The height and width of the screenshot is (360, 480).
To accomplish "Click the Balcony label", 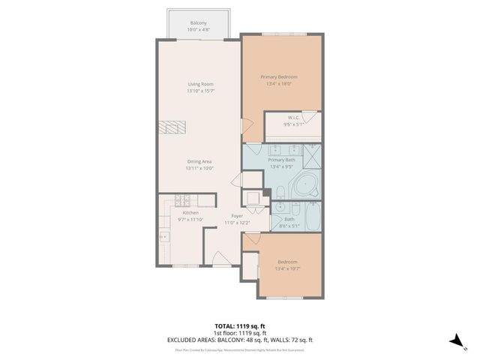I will (199, 22).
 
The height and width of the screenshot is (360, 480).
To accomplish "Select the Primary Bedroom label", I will (279, 77).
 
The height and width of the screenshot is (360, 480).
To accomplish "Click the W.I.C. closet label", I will (294, 117).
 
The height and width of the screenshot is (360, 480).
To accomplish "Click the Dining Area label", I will (199, 162).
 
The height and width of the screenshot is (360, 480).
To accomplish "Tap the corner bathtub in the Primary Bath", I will (306, 185).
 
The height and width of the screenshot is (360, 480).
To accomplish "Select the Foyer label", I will (235, 216).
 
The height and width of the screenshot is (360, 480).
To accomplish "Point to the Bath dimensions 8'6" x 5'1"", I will (289, 224).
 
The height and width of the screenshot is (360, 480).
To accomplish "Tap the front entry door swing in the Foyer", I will (221, 259).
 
